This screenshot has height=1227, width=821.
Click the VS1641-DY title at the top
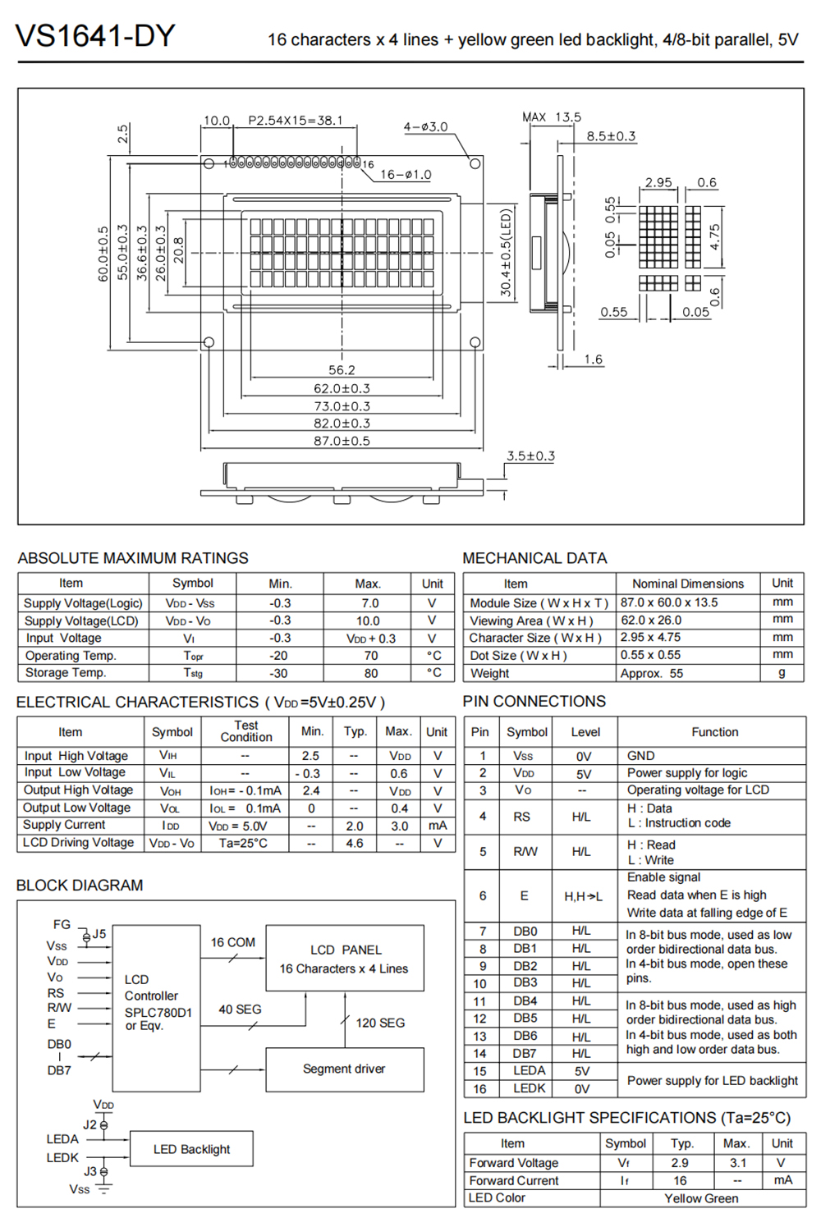pyautogui.click(x=95, y=37)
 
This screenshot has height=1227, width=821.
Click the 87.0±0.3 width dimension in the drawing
pyautogui.click(x=342, y=441)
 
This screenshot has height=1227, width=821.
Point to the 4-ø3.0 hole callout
pyautogui.click(x=425, y=127)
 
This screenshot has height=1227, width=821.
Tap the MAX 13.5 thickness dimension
pyautogui.click(x=552, y=117)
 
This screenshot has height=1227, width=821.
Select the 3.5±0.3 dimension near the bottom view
pyautogui.click(x=530, y=456)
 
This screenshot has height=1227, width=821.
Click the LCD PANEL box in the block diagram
pyautogui.click(x=345, y=959)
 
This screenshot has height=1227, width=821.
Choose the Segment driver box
pyautogui.click(x=344, y=1069)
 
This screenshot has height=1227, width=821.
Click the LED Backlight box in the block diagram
pyautogui.click(x=191, y=1149)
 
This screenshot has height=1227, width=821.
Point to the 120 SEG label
pyautogui.click(x=380, y=1023)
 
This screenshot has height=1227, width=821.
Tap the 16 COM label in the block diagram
pyautogui.click(x=233, y=942)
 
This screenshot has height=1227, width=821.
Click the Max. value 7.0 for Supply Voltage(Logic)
pyautogui.click(x=370, y=603)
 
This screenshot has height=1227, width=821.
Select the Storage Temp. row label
pyautogui.click(x=66, y=672)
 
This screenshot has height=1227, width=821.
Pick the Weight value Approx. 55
pyautogui.click(x=652, y=673)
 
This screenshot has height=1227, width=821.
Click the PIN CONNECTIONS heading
pyautogui.click(x=534, y=702)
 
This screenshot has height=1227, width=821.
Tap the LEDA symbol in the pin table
pyautogui.click(x=529, y=1070)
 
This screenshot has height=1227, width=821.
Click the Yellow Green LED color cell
pyautogui.click(x=701, y=1198)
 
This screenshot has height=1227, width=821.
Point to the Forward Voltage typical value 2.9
pyautogui.click(x=680, y=1163)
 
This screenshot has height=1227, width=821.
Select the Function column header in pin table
pyautogui.click(x=714, y=732)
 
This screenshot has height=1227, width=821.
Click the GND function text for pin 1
pyautogui.click(x=640, y=756)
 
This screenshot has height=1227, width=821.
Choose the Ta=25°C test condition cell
pyautogui.click(x=243, y=843)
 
